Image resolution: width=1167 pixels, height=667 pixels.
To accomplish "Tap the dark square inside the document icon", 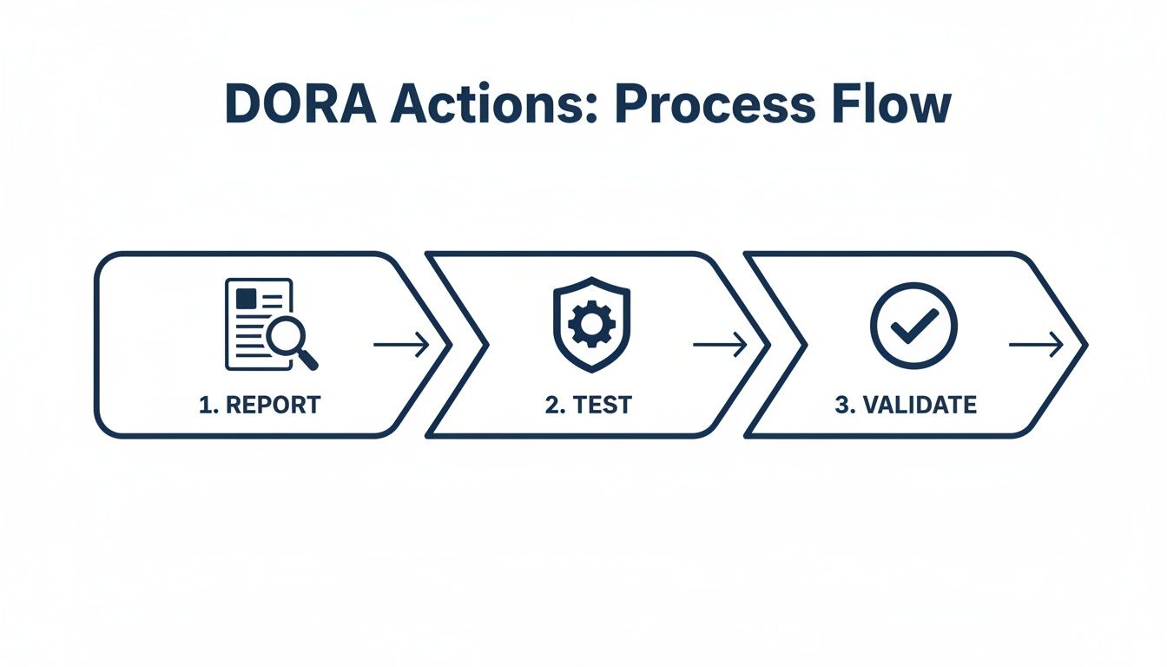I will [x=246, y=299].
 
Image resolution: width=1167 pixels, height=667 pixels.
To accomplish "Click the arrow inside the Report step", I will [x=401, y=346].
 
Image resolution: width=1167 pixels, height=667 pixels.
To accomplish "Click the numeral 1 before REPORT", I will [x=205, y=405].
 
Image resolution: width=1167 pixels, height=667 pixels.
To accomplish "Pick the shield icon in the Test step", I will [x=591, y=325].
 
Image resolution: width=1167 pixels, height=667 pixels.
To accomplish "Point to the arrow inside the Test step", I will [x=720, y=346].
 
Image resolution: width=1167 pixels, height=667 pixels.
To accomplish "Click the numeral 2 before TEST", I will [x=552, y=405].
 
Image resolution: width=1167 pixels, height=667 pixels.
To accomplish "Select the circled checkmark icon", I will [x=913, y=325].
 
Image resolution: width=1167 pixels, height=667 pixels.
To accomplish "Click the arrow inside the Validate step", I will [x=1036, y=346].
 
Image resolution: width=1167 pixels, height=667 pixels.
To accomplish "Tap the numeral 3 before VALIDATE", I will [x=841, y=405].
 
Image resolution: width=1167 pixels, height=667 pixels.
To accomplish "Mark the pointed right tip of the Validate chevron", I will [x=1085, y=345].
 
